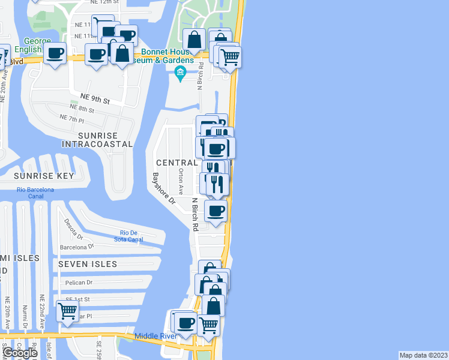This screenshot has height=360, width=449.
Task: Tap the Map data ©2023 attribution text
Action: click(x=423, y=355)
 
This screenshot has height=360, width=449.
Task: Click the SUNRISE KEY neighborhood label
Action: click(x=44, y=176)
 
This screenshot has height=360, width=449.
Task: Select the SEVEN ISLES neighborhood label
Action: click(x=88, y=264)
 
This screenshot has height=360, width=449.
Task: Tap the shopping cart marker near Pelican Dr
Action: click(x=67, y=311)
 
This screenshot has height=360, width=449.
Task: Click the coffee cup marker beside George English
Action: click(x=55, y=53)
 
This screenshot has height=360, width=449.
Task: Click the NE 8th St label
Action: click(x=82, y=110)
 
